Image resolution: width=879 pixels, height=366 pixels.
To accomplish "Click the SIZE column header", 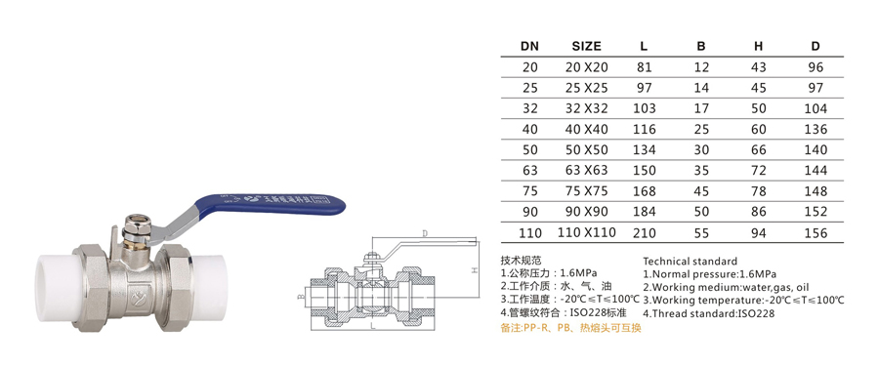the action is pyautogui.click(x=586, y=46).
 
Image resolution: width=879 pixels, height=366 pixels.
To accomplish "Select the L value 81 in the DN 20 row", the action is pyautogui.click(x=645, y=67).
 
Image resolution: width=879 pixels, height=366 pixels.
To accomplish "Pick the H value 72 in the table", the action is pyautogui.click(x=759, y=171).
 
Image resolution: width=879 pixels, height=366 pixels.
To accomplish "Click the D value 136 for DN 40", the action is pyautogui.click(x=816, y=130).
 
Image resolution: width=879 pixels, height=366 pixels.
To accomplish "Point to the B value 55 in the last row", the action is pyautogui.click(x=701, y=232).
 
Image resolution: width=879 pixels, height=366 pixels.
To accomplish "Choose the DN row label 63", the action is pyautogui.click(x=529, y=171).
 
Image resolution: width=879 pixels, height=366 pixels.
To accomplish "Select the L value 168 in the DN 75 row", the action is pyautogui.click(x=645, y=191).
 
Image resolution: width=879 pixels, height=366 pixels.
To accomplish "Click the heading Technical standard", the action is pyautogui.click(x=691, y=262).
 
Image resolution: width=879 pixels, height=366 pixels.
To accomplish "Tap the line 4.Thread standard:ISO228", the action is pyautogui.click(x=709, y=314).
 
